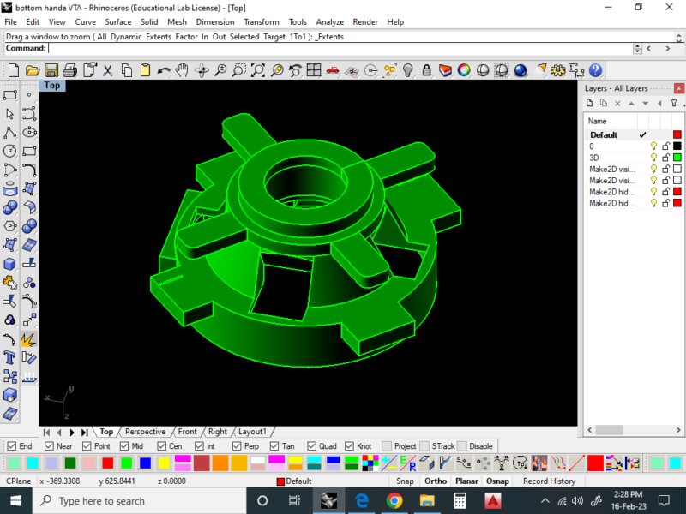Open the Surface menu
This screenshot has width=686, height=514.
(117, 22)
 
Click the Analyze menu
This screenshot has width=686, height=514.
(329, 22)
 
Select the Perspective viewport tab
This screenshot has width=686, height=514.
(145, 432)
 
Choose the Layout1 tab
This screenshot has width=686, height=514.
(252, 432)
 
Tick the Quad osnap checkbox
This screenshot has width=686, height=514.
(311, 446)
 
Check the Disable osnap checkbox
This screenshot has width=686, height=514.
(462, 446)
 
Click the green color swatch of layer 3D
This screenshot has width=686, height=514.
(677, 158)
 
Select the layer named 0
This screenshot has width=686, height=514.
(592, 146)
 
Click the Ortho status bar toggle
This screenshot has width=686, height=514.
(436, 481)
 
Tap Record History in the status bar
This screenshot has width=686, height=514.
(549, 481)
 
